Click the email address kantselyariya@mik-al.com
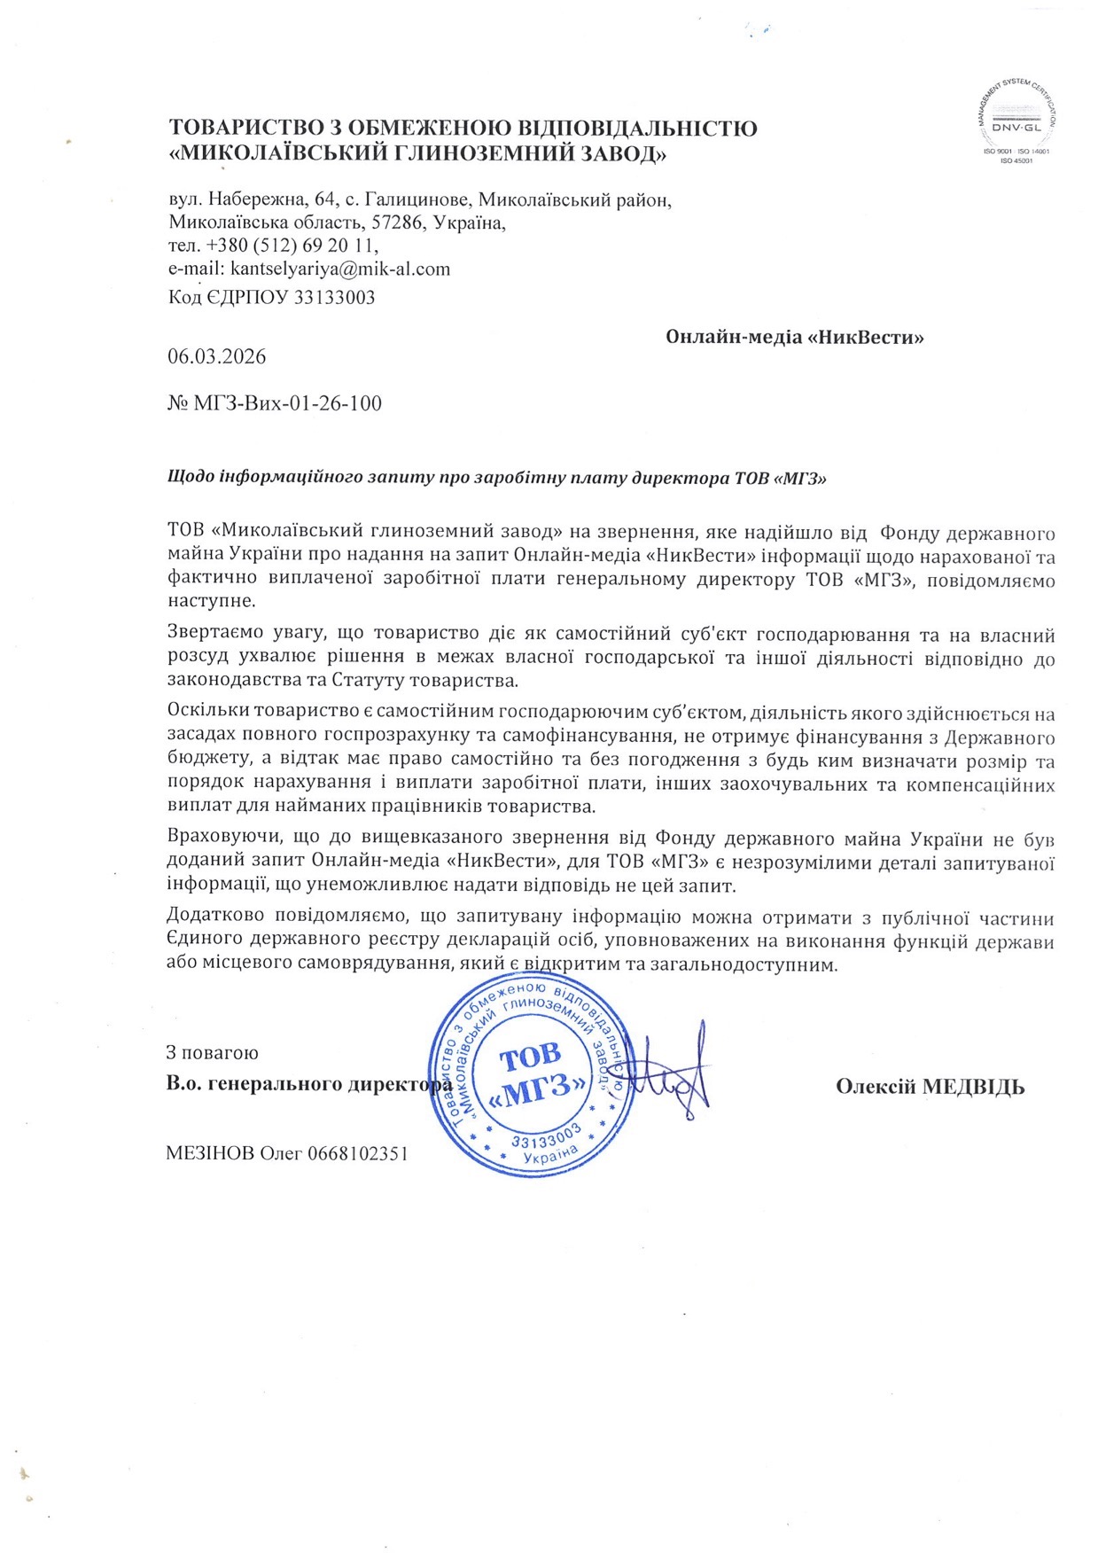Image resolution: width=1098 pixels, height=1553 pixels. (340, 269)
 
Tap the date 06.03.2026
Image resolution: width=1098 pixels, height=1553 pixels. (217, 356)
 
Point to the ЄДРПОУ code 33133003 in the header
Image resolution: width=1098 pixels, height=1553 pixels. (334, 298)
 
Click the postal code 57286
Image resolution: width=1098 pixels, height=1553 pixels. (394, 222)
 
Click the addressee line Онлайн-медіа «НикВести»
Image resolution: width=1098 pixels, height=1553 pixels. (794, 338)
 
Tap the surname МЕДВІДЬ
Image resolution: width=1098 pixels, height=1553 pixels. (974, 1087)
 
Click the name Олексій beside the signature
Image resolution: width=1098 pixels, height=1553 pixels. (876, 1087)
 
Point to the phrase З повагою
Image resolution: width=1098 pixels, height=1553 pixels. (213, 1053)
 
